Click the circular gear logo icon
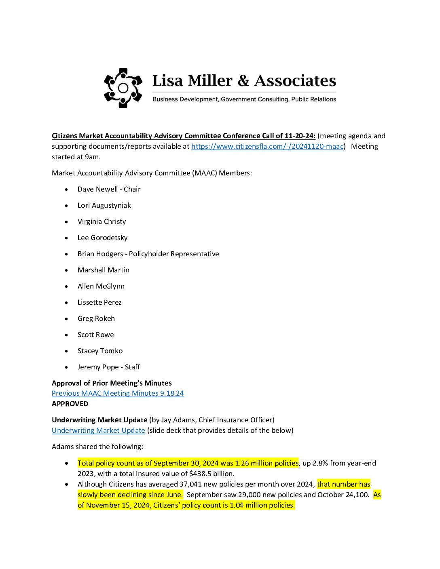point(123,88)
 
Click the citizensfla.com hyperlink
point(267,146)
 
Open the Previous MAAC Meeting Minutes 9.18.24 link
point(118,393)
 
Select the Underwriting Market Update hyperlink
point(98,430)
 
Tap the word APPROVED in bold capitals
point(70,404)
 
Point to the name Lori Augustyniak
point(104,205)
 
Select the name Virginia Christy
point(102,221)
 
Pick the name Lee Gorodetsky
point(102,238)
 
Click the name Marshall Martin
point(104,270)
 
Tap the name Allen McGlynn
point(101,286)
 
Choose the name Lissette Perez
point(99,302)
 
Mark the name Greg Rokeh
point(96,318)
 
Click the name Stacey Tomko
point(100,351)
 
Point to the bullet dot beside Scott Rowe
point(66,335)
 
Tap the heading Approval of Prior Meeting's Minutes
point(112,383)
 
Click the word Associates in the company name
point(295,81)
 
